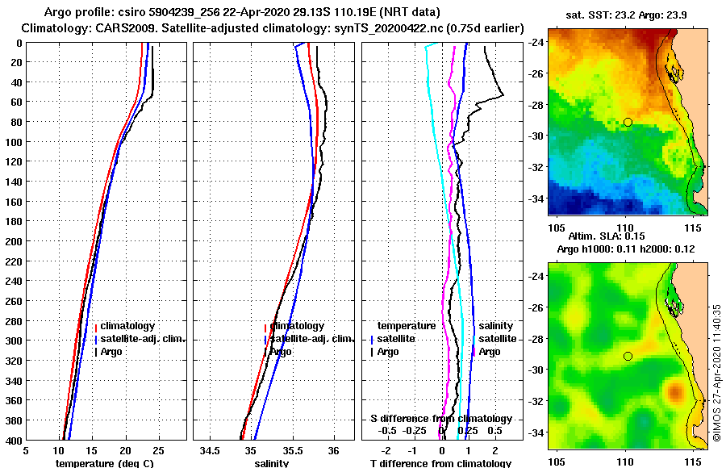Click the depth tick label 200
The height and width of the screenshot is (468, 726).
click(11, 240)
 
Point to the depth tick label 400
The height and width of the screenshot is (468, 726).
click(11, 440)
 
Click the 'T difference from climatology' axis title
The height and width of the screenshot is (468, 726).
click(440, 463)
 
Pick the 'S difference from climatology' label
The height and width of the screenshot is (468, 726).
click(440, 419)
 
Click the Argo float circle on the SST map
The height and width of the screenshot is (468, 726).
click(628, 122)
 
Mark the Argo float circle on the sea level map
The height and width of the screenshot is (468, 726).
click(628, 356)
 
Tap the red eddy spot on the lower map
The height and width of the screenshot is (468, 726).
click(674, 393)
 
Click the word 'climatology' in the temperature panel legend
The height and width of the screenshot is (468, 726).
click(127, 325)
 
